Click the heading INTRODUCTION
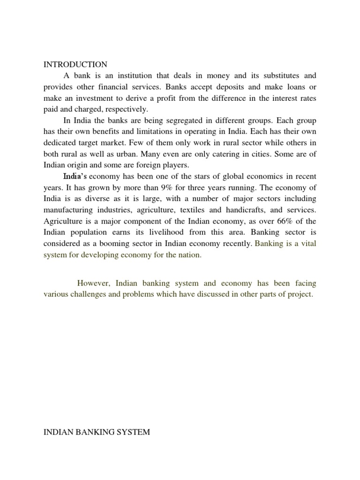pos(75,64)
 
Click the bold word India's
pos(75,176)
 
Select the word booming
pos(115,244)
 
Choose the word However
pos(94,284)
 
